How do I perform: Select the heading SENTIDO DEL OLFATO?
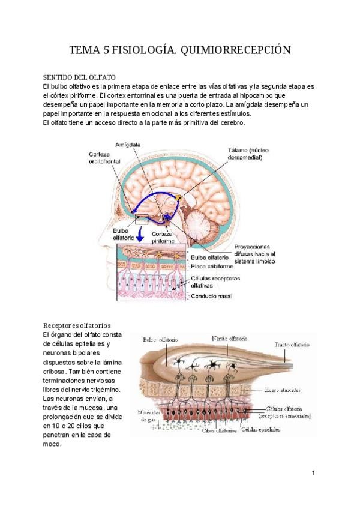(x=79, y=78)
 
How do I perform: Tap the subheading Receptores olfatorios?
(x=77, y=325)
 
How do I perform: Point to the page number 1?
(x=314, y=474)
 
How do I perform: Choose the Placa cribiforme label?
(x=209, y=266)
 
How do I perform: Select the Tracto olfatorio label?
(x=292, y=345)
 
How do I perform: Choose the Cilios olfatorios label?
(x=221, y=430)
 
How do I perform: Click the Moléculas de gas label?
(x=147, y=416)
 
